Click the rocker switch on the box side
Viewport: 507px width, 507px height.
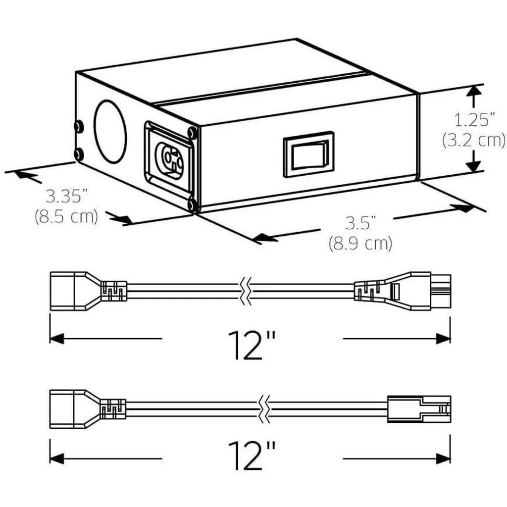(x=308, y=154)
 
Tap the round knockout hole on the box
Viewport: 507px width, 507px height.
(x=110, y=131)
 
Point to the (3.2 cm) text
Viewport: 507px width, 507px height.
(x=474, y=140)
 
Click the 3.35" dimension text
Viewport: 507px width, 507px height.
(x=67, y=197)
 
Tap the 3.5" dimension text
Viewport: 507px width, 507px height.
(x=360, y=223)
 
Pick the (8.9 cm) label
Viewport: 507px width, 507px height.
(x=360, y=243)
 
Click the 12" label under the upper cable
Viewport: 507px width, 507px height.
(x=252, y=345)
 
